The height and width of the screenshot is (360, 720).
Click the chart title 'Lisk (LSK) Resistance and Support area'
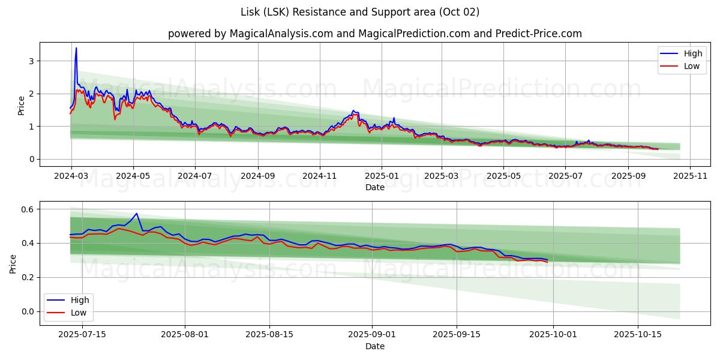(x=360, y=12)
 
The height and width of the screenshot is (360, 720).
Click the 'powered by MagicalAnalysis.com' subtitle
(x=250, y=34)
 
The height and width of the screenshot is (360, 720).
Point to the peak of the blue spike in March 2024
(x=76, y=48)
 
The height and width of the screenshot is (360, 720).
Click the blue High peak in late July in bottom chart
(x=137, y=214)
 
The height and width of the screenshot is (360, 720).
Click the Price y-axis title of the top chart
(x=21, y=106)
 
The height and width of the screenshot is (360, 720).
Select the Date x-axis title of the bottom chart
(x=374, y=347)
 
